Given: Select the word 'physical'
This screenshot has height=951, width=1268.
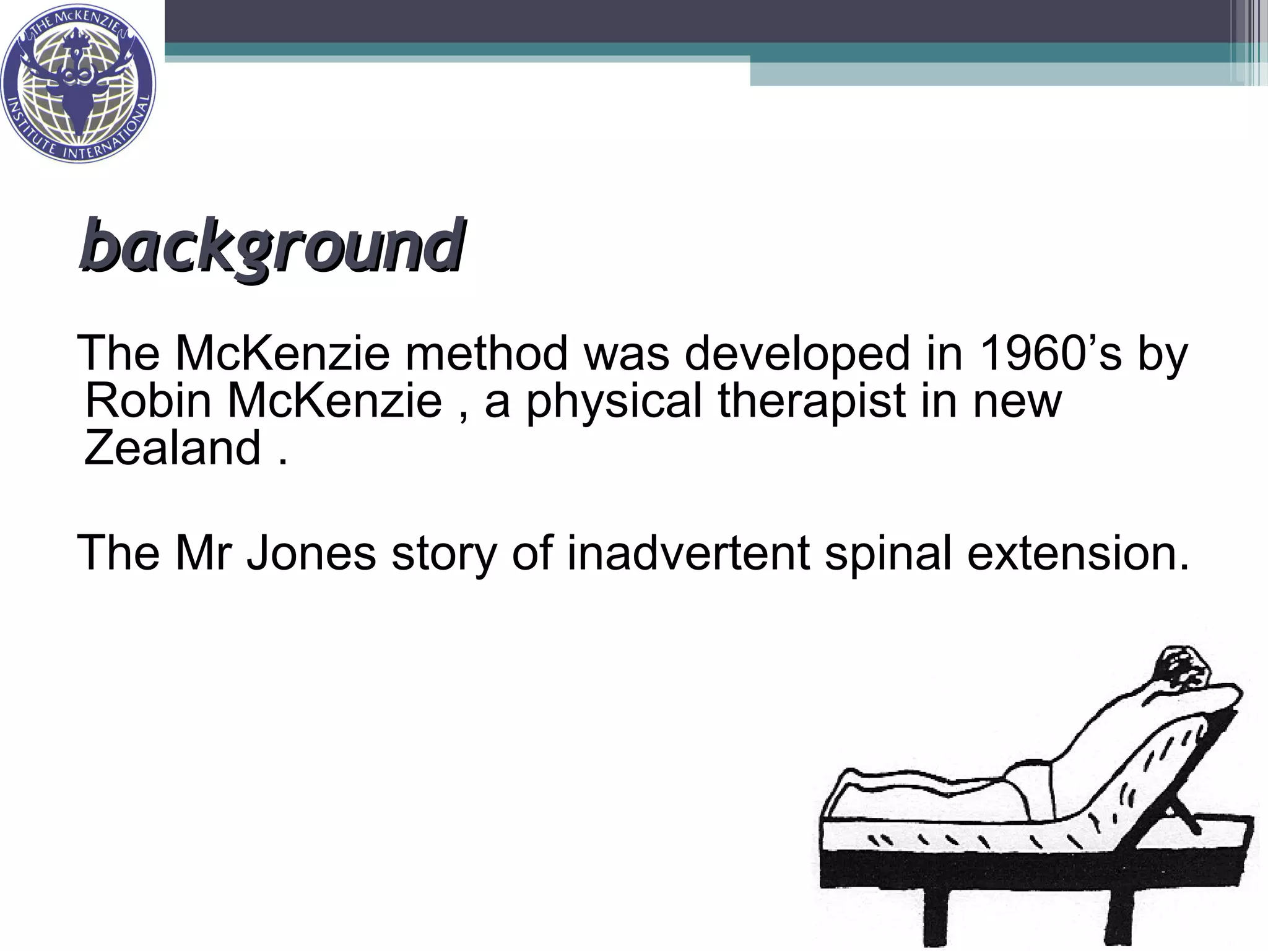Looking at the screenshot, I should (x=614, y=402).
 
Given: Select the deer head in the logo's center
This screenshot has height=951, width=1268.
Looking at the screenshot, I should (x=79, y=87).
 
